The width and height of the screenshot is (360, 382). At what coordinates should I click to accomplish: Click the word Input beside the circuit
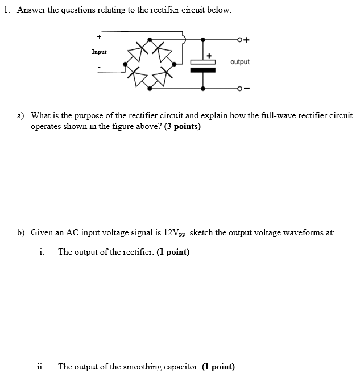tap(99, 52)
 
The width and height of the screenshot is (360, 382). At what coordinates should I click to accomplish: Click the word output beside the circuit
tap(240, 61)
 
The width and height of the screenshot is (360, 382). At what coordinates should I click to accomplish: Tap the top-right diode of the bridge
tap(165, 54)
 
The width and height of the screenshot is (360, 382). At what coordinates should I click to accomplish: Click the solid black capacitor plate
tap(203, 70)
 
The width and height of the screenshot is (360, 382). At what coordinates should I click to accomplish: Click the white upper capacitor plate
tap(203, 63)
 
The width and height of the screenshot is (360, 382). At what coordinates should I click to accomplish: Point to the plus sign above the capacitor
tap(209, 56)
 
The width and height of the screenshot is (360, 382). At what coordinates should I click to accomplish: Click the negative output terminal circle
tap(241, 89)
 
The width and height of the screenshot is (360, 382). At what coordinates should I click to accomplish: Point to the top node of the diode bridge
tap(150, 40)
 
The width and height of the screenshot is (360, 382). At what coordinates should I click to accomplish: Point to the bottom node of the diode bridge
tap(150, 89)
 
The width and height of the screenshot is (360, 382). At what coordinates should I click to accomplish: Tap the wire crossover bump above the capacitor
tap(184, 39)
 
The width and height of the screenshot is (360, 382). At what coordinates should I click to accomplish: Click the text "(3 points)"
tap(182, 127)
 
